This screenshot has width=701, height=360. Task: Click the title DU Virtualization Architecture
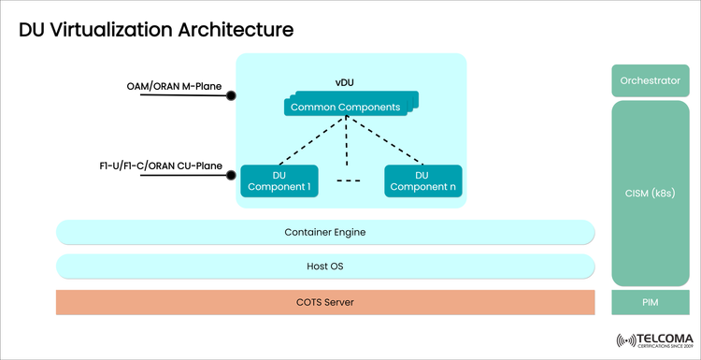(x=156, y=30)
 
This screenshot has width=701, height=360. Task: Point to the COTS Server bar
(x=325, y=302)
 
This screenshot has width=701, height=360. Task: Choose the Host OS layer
(x=325, y=266)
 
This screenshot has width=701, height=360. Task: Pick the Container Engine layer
(x=325, y=232)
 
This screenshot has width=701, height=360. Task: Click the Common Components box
(x=348, y=107)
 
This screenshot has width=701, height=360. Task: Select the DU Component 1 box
(x=279, y=180)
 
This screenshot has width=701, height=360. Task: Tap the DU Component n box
(x=422, y=180)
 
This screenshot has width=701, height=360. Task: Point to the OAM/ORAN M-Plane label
(x=175, y=87)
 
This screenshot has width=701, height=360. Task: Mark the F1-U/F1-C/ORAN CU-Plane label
(x=161, y=166)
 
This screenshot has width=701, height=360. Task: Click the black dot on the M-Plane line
(x=231, y=95)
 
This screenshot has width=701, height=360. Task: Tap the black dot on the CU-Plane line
(x=231, y=175)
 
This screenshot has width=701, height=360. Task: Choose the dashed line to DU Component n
(x=391, y=140)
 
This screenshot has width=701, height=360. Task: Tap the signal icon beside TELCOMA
(x=624, y=340)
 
